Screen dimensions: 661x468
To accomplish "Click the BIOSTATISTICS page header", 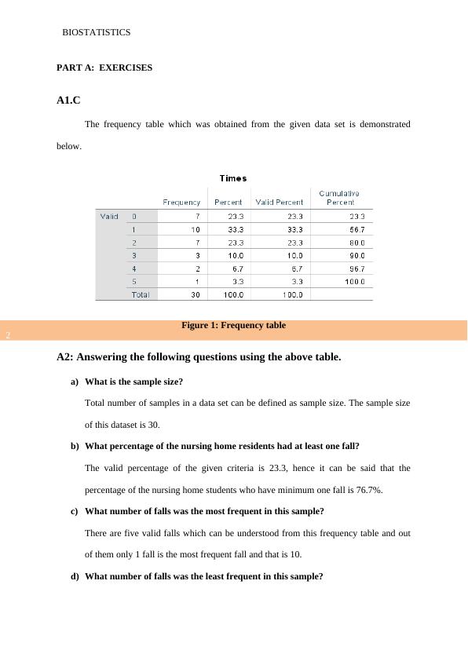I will click(x=96, y=33).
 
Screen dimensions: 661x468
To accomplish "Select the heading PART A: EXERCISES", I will click(x=104, y=68).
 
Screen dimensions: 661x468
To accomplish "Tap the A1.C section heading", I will click(x=69, y=100).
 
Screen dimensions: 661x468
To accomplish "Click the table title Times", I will click(x=233, y=178).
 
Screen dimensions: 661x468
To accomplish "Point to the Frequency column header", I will click(x=181, y=203).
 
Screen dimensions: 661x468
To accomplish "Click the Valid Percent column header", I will click(x=280, y=203).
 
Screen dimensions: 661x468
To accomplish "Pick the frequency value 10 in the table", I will click(x=195, y=229).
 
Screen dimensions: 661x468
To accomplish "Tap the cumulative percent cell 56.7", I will click(x=356, y=229).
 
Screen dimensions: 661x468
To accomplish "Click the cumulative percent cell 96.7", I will click(x=356, y=268).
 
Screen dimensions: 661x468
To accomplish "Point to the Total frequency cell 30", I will click(x=195, y=294).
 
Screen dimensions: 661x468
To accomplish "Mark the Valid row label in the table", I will click(x=109, y=216).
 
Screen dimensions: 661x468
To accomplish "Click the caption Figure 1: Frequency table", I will click(x=233, y=325).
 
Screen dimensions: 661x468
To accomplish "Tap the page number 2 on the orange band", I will click(x=7, y=336).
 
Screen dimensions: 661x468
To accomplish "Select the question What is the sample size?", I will click(x=133, y=382).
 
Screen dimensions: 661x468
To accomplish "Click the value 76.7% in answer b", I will click(x=369, y=490).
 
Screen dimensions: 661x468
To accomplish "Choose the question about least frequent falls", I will click(x=203, y=576).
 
